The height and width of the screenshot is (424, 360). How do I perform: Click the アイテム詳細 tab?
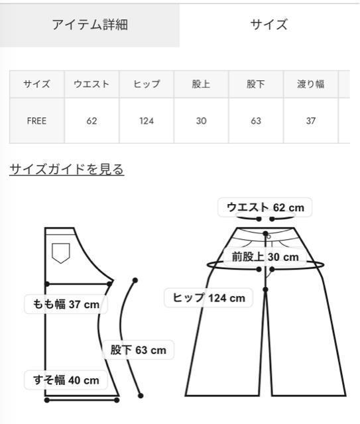click(x=90, y=25)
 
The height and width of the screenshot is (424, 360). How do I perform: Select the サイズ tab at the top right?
click(x=269, y=25)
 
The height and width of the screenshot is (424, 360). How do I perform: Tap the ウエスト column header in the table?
click(x=91, y=84)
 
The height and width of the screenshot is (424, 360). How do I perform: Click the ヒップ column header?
click(x=147, y=84)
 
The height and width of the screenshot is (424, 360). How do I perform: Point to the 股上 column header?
click(x=201, y=84)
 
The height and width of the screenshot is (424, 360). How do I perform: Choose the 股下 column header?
click(x=256, y=84)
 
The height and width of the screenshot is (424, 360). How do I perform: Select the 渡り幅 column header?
click(x=311, y=84)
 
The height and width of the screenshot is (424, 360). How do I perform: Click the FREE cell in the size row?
click(x=37, y=121)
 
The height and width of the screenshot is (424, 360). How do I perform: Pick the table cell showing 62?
click(x=91, y=121)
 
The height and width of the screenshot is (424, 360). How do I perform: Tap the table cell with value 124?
click(x=147, y=121)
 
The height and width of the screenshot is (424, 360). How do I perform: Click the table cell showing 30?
click(x=201, y=121)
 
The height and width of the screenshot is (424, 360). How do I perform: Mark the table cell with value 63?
click(x=256, y=121)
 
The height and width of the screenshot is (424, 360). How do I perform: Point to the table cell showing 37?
click(x=311, y=121)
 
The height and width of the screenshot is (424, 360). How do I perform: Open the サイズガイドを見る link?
click(x=66, y=170)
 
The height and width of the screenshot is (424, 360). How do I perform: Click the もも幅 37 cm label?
click(x=66, y=305)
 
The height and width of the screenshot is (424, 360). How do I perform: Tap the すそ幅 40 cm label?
click(x=66, y=380)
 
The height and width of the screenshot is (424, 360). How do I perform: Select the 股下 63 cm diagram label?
click(x=138, y=350)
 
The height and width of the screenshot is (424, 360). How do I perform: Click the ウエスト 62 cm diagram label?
click(x=265, y=207)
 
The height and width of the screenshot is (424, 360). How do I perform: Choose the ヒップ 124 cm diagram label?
click(x=209, y=297)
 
